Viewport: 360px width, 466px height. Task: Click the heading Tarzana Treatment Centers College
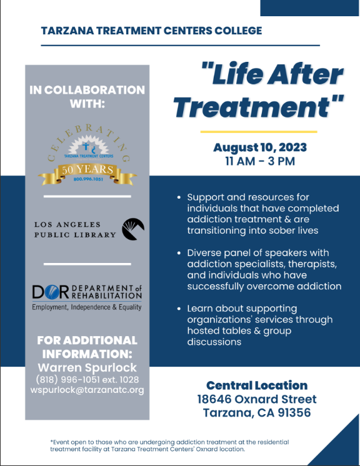(x=152, y=31)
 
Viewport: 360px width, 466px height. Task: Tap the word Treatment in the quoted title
(x=252, y=106)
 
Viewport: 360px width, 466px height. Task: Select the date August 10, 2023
(x=260, y=147)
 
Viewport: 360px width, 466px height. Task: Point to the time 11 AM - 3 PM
(x=260, y=161)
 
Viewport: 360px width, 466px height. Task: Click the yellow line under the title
(x=259, y=132)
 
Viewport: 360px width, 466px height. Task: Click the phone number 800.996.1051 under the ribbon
(x=88, y=179)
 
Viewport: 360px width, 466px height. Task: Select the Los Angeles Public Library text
(x=75, y=229)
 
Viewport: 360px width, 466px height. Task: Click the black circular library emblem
(x=133, y=229)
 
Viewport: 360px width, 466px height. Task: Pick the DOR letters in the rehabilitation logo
(x=51, y=292)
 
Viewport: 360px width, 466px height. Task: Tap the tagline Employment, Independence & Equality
(x=87, y=307)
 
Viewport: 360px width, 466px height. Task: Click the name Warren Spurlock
(x=87, y=368)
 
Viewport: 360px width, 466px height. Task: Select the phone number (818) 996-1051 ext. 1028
(x=87, y=380)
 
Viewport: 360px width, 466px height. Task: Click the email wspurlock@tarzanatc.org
(x=87, y=390)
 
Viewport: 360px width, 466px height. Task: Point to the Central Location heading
(x=257, y=385)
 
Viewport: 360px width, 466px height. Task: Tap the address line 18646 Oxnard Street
(x=257, y=399)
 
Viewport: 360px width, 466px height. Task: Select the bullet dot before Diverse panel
(x=179, y=253)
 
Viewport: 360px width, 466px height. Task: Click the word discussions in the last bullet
(x=214, y=342)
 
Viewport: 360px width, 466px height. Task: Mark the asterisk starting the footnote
(x=51, y=442)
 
